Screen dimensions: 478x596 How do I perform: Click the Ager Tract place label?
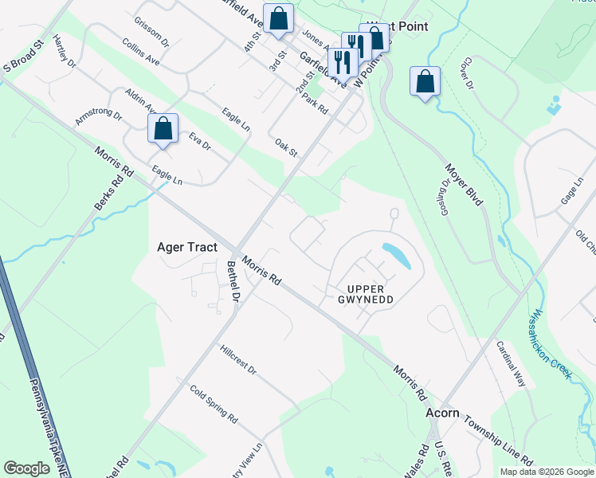click(x=187, y=248)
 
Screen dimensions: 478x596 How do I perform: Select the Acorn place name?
click(x=442, y=413)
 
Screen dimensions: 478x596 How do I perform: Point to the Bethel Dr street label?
click(x=233, y=281)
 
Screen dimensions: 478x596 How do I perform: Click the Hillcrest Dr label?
click(x=238, y=359)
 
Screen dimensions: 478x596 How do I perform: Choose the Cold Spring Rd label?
click(x=214, y=404)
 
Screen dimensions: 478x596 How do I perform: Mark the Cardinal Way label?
click(x=511, y=364)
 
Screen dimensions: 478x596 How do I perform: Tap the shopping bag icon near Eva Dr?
click(x=163, y=129)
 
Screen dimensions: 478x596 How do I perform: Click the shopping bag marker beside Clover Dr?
click(x=425, y=82)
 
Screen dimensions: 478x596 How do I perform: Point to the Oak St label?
click(x=285, y=147)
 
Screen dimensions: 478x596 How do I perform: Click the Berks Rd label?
click(x=109, y=191)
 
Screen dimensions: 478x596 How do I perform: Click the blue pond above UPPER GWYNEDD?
click(x=394, y=255)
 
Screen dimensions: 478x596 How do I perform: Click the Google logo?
click(x=26, y=468)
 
